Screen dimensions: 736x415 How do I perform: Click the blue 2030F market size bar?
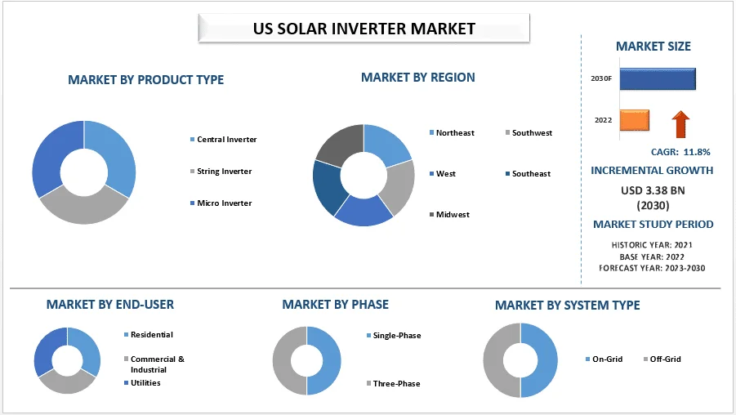coord(658,79)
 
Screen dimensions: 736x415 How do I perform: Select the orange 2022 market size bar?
coord(635,120)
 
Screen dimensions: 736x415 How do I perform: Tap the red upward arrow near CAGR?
coord(680,124)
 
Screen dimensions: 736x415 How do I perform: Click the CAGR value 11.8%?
coord(697,152)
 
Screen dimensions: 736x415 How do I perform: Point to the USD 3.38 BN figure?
coord(653,190)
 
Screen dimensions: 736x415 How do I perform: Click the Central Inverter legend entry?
coord(224,140)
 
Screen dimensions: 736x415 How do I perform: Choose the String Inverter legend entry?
coord(221,172)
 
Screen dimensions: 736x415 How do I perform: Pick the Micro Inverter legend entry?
coord(221,203)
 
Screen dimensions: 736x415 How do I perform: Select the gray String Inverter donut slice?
coord(84,209)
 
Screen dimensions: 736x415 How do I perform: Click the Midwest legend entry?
coord(449,215)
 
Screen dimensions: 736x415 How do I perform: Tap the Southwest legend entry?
coord(529,133)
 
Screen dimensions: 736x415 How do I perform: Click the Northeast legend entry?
coord(452,133)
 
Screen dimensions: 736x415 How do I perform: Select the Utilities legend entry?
coord(142,382)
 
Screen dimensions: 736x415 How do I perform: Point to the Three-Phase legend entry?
coord(394,383)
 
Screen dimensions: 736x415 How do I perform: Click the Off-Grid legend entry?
coord(662,359)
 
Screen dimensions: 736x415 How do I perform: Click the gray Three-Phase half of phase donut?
coord(282,360)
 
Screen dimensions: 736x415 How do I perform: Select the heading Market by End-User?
coord(109,305)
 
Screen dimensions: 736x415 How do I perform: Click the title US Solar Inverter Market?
coord(364,29)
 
